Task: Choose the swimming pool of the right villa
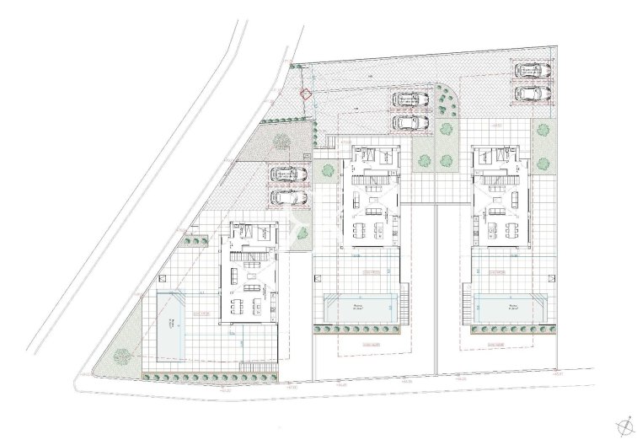(x=508, y=308)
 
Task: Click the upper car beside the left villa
(x=288, y=175)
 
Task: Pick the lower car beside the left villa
(x=288, y=197)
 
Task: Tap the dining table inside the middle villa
(x=370, y=229)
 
